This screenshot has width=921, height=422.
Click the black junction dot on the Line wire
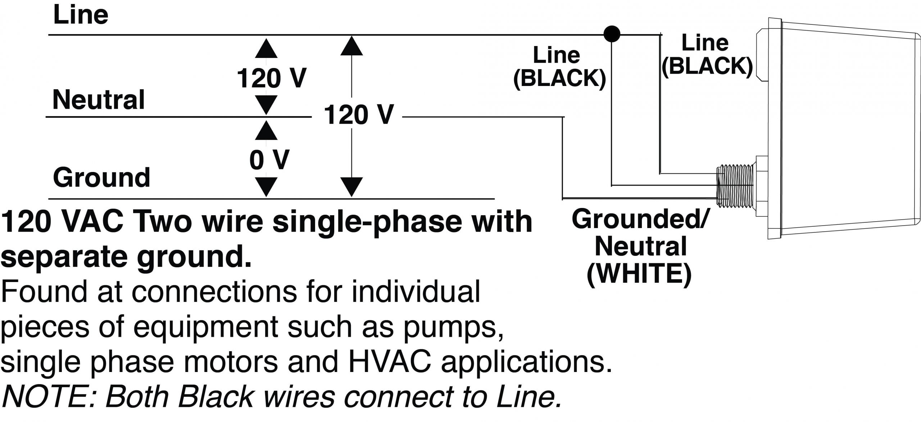612,34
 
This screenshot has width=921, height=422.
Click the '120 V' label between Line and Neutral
271,78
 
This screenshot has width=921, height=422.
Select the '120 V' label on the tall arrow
359,115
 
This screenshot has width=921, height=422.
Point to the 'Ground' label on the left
101,177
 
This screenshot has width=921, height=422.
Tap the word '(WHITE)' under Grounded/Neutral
639,274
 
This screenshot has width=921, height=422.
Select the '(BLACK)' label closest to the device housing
707,66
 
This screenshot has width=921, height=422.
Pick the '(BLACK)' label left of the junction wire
559,78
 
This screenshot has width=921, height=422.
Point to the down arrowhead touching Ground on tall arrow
351,187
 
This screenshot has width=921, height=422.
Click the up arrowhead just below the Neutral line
266,131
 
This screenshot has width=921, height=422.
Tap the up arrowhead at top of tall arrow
351,46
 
